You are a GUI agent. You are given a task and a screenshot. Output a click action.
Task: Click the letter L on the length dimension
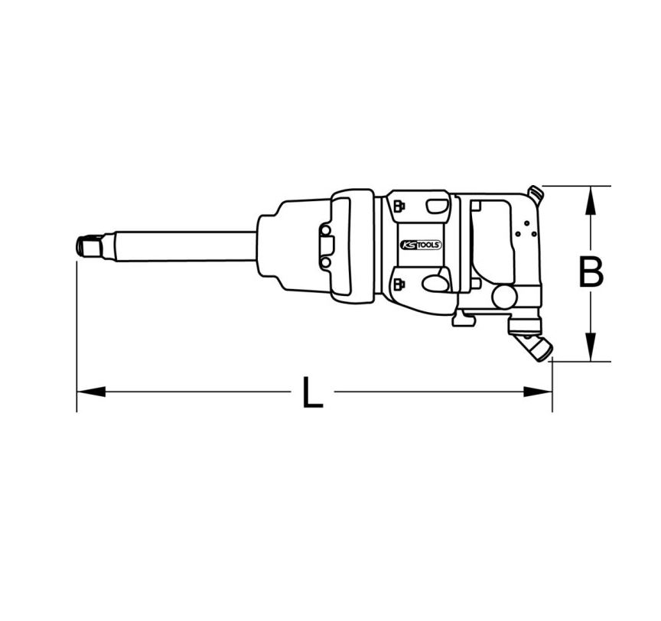tap(311, 393)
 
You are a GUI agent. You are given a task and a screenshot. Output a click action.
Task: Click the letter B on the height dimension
tap(590, 273)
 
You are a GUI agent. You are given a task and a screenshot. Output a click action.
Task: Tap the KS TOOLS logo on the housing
tap(420, 245)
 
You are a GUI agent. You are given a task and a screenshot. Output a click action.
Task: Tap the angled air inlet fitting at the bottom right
tap(535, 344)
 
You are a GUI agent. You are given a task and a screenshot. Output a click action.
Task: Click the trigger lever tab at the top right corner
tap(536, 194)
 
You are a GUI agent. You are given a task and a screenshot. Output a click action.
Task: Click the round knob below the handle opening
tap(503, 296)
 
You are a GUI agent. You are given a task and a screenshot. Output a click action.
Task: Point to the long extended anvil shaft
tap(184, 246)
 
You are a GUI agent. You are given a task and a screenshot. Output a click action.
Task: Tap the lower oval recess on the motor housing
tap(436, 284)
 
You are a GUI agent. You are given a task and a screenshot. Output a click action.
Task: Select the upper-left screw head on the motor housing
tap(399, 204)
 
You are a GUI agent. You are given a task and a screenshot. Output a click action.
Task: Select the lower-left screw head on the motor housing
tap(399, 285)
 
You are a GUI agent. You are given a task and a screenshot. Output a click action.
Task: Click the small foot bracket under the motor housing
tap(462, 318)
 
